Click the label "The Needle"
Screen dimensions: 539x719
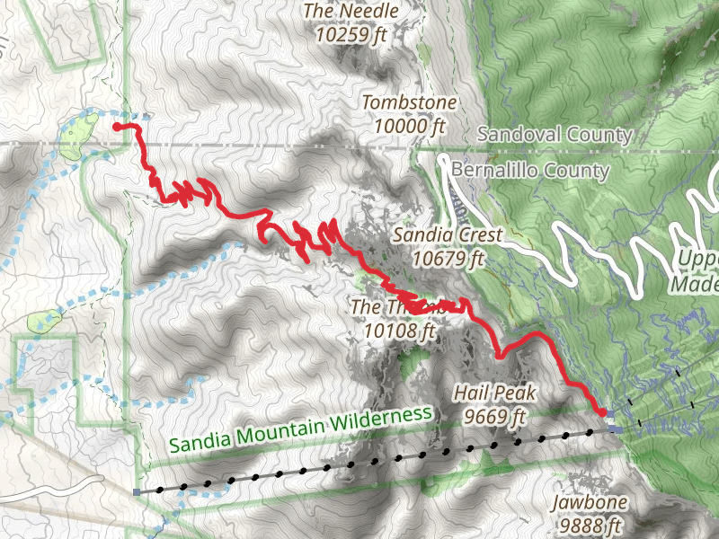coord(351,11)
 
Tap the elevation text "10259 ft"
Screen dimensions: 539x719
coord(351,35)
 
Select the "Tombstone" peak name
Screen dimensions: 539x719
coord(409,102)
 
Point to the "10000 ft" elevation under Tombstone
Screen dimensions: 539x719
coord(409,127)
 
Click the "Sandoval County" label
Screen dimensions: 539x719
coord(555,134)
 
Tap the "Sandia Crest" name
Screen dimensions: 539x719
coord(448,236)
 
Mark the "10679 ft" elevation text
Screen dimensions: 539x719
coord(448,260)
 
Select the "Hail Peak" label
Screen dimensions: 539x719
coord(494,393)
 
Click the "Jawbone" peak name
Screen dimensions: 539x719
coord(590,502)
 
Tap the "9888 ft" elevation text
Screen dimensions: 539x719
coord(590,525)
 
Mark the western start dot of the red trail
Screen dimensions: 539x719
coord(117,128)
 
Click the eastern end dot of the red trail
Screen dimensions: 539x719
coord(601,411)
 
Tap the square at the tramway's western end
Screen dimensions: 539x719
coord(136,492)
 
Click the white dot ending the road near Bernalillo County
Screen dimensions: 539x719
coord(444,161)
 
